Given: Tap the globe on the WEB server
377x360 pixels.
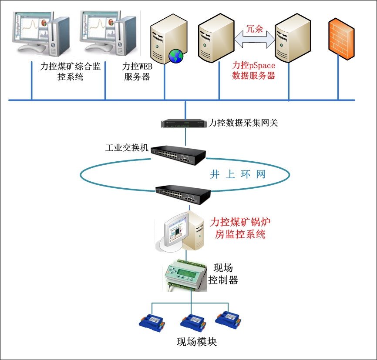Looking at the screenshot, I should pos(176,55).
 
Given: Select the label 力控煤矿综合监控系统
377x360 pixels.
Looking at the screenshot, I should pos(70,72).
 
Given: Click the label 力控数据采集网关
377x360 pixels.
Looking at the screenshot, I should pos(243,123).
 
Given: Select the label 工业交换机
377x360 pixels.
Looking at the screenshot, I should pos(127,148).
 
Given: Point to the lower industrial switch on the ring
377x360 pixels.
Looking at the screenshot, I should pos(183,193).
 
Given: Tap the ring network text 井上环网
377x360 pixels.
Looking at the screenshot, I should pos(238,175).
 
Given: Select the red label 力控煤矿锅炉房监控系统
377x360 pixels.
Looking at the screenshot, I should pos(240,229).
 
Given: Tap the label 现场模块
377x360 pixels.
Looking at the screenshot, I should pos(196,342).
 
